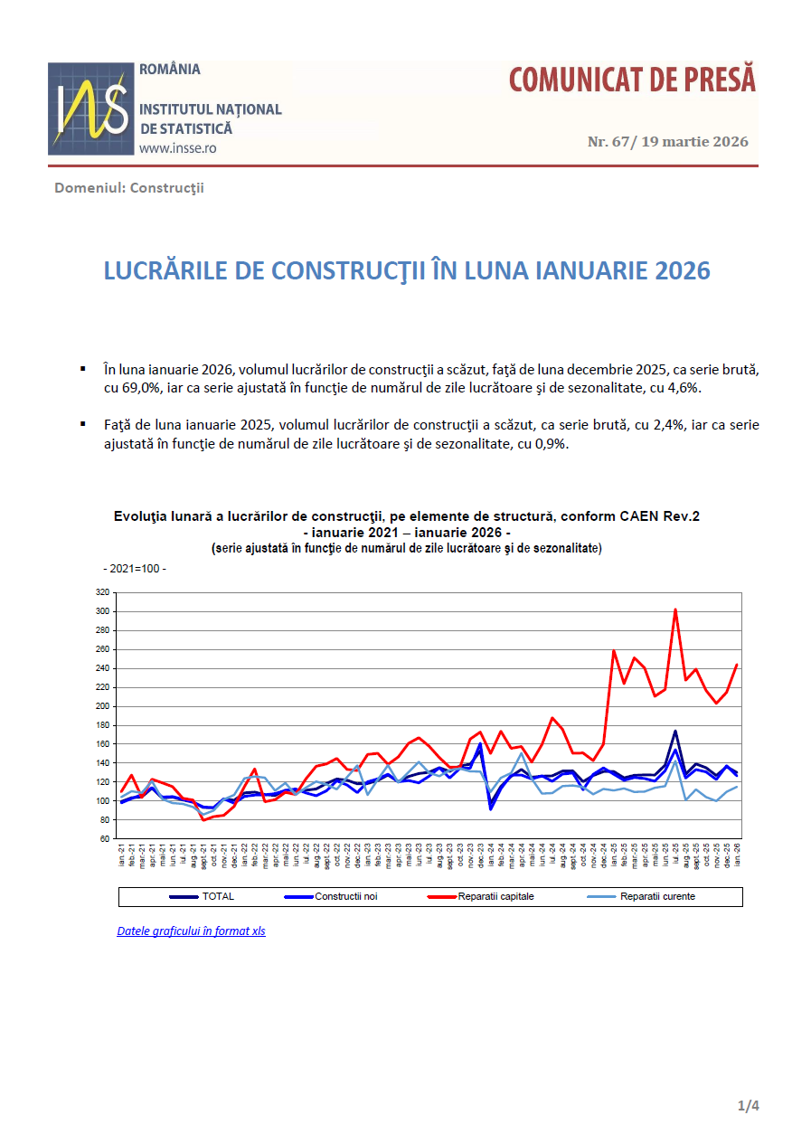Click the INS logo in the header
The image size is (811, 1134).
point(90,109)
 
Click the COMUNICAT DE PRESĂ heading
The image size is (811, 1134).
point(632,80)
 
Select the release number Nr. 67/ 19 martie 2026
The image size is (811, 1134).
point(668,142)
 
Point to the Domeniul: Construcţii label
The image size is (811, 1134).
point(129,188)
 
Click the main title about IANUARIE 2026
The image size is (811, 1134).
point(407,271)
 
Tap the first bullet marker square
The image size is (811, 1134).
point(82,369)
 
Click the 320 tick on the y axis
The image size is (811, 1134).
point(102,592)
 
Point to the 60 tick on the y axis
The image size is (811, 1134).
point(105,839)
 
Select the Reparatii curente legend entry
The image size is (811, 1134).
point(657,897)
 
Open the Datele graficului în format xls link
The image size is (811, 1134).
point(191,931)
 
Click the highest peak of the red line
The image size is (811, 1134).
point(674,610)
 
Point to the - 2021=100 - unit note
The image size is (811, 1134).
point(134,569)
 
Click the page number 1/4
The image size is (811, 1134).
point(749,1106)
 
